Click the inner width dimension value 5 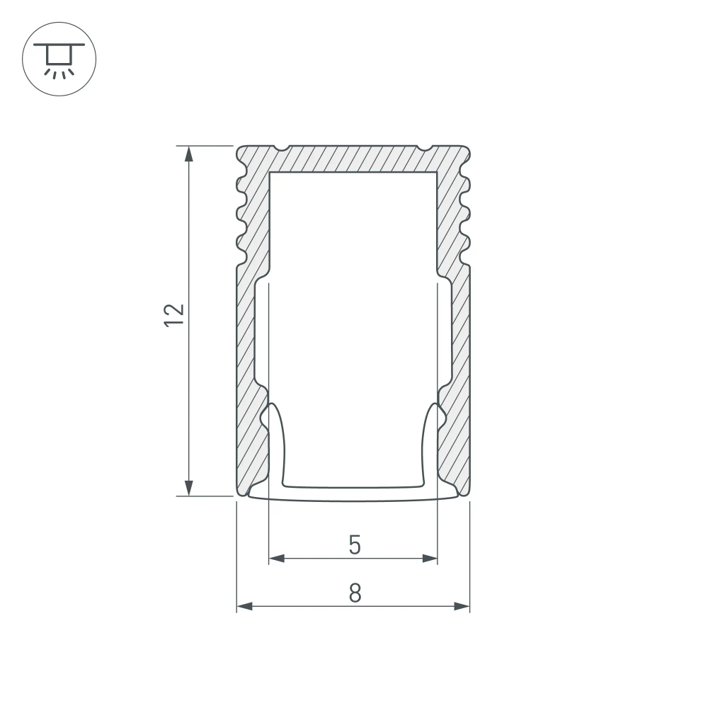coord(355,545)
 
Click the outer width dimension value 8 coord(355,593)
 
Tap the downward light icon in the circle coord(59,59)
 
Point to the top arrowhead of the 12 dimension coord(189,153)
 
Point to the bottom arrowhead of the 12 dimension coord(189,489)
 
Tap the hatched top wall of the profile coord(354,159)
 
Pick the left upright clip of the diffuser coord(277,446)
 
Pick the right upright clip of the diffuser coord(430,446)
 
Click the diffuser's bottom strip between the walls coord(354,493)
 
